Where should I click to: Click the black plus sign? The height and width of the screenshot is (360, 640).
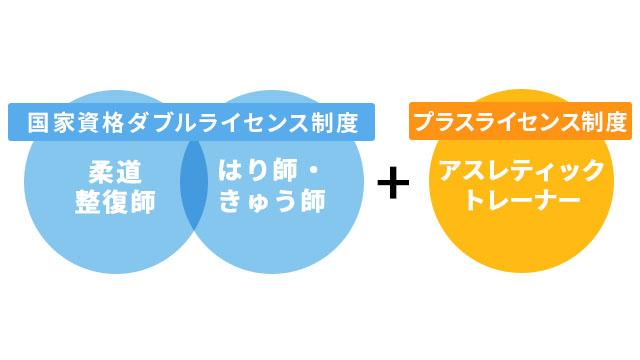coord(394,183)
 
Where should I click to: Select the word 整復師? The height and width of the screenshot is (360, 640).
coord(116,201)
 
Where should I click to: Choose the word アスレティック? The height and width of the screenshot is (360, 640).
coord(521,170)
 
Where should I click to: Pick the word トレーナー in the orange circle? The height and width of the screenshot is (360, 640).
coord(521,201)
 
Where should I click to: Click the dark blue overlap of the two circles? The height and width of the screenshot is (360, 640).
coord(194,186)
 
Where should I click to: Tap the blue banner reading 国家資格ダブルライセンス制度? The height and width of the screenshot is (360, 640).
coord(192,122)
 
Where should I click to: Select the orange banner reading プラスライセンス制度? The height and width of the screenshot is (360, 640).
coord(520,122)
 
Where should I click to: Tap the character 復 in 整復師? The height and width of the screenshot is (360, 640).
coord(116,201)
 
